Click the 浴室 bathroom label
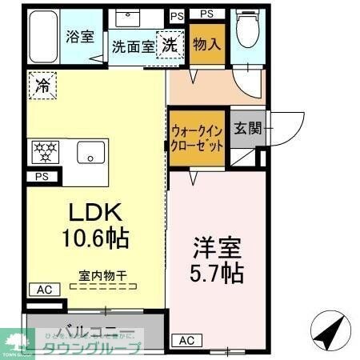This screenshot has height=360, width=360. click(79, 37)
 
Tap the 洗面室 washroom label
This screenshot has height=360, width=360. click(132, 46)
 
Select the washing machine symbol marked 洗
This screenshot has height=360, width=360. click(170, 45)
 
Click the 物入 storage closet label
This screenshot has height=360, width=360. click(206, 43)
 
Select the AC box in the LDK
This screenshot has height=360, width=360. click(43, 290)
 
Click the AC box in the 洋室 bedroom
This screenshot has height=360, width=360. click(186, 340)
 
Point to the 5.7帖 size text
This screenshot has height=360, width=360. click(217, 272)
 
